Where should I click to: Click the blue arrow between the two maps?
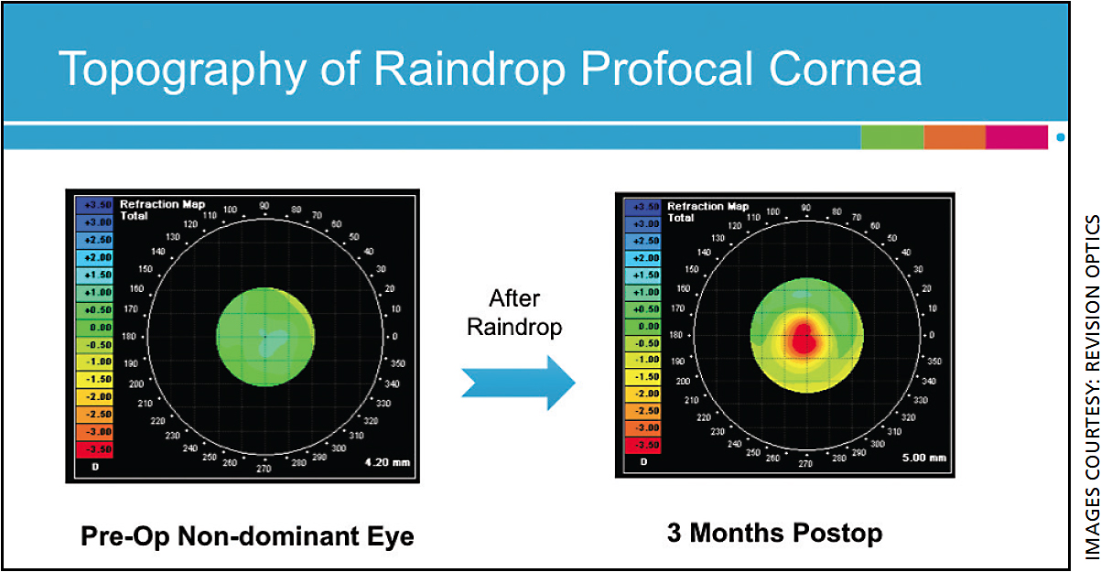[x=518, y=383]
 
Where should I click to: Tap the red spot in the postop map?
[x=803, y=338]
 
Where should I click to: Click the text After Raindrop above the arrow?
[x=514, y=312]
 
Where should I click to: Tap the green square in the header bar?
[x=891, y=137]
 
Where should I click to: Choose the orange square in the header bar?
[x=954, y=137]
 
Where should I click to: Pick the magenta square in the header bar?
[x=1016, y=137]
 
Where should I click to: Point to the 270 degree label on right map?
[x=805, y=464]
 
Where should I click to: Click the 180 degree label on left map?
[x=130, y=337]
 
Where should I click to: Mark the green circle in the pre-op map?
[x=265, y=337]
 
